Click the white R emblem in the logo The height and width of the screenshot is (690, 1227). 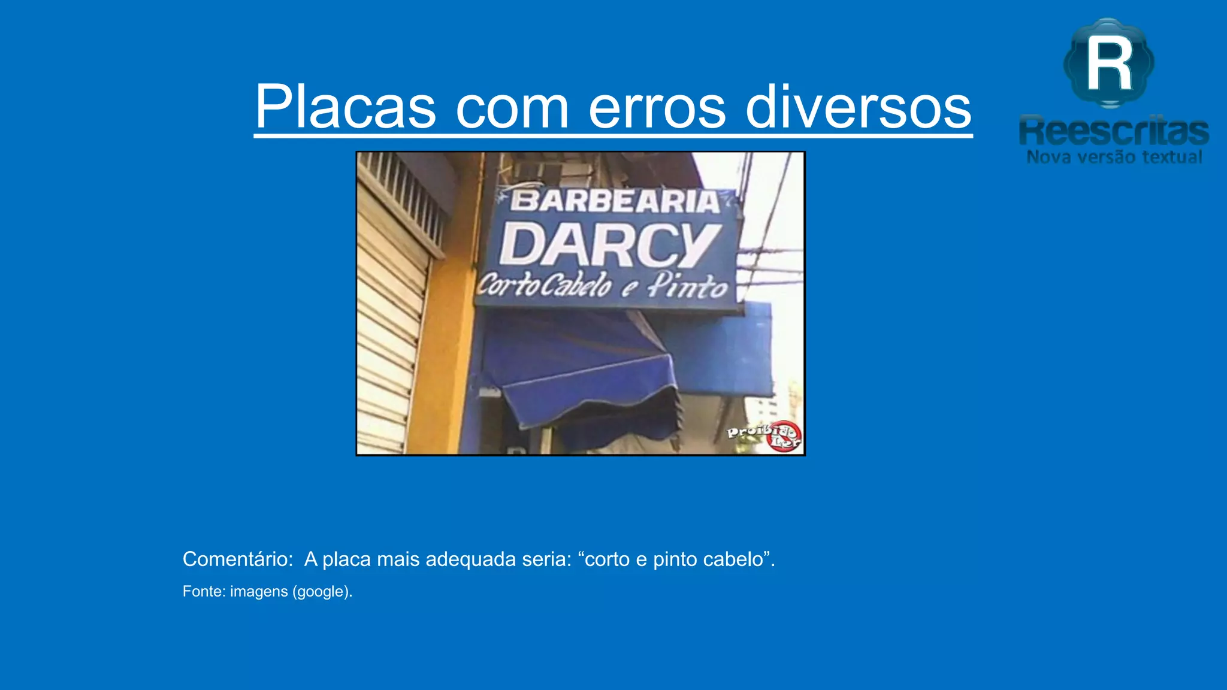click(x=1109, y=63)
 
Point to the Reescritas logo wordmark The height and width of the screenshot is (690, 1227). click(x=1114, y=131)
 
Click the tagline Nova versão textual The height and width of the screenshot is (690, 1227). click(x=1114, y=158)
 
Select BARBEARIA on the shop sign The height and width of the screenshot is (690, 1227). click(x=615, y=201)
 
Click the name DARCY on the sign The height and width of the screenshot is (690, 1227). click(x=610, y=246)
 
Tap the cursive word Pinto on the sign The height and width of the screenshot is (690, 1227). click(x=688, y=286)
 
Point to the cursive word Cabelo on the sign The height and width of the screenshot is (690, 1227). click(x=576, y=286)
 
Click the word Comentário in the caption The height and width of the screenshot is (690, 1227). click(x=237, y=559)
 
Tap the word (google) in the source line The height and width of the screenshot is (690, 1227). click(x=322, y=592)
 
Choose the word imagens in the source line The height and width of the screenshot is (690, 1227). click(x=259, y=592)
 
